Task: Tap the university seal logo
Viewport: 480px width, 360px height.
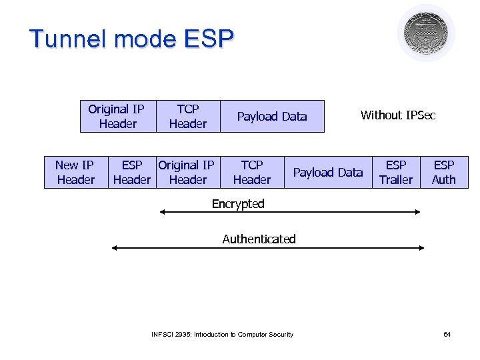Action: pos(426,33)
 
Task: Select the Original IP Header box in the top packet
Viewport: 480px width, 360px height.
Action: pos(117,116)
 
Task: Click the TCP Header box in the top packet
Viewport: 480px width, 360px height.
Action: pos(187,116)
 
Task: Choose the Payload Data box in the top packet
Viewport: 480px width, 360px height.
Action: pos(272,117)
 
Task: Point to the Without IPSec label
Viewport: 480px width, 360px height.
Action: pos(397,115)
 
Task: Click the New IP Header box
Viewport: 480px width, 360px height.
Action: pos(75,172)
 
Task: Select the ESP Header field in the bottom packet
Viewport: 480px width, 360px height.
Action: pos(131,172)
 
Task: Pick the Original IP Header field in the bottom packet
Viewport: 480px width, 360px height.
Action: pos(187,172)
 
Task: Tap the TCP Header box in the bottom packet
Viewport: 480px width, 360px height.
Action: pos(251,172)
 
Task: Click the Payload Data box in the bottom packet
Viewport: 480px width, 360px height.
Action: pos(328,172)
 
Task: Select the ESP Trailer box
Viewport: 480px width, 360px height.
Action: pos(396,172)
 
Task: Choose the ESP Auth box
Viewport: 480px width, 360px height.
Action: pos(444,172)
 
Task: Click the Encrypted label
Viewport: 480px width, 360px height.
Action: pos(238,204)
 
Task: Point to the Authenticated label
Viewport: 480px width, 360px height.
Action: pos(259,239)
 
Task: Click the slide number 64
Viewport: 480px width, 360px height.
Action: pos(447,334)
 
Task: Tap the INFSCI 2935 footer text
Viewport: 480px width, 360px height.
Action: pos(222,334)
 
